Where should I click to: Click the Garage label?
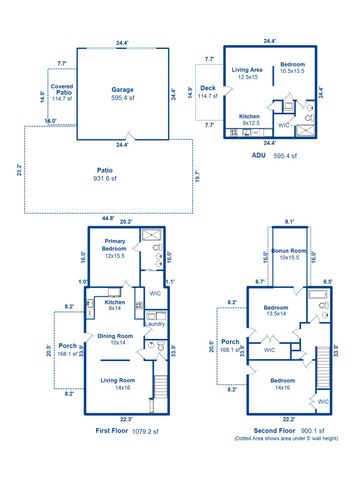(122, 89)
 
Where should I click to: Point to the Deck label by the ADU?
(208, 90)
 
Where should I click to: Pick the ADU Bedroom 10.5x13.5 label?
(292, 67)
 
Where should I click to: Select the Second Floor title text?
(263, 431)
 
